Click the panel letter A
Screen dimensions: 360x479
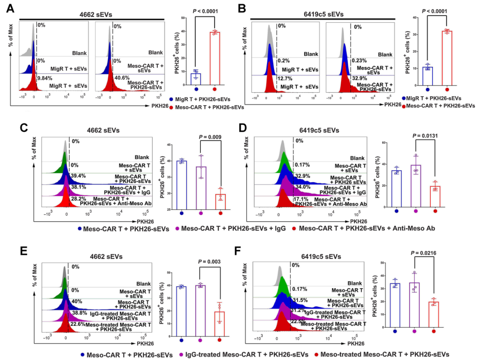point(9,8)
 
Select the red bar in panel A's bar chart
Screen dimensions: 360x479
point(215,58)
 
